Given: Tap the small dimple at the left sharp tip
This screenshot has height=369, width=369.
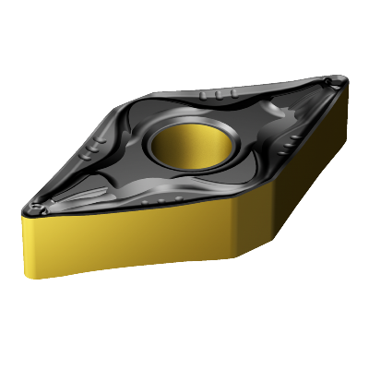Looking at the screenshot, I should pyautogui.click(x=35, y=206).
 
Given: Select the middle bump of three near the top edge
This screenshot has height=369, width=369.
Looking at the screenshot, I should pyautogui.click(x=210, y=95).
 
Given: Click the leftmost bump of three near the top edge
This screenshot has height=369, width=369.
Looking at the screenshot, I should pyautogui.click(x=202, y=96).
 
